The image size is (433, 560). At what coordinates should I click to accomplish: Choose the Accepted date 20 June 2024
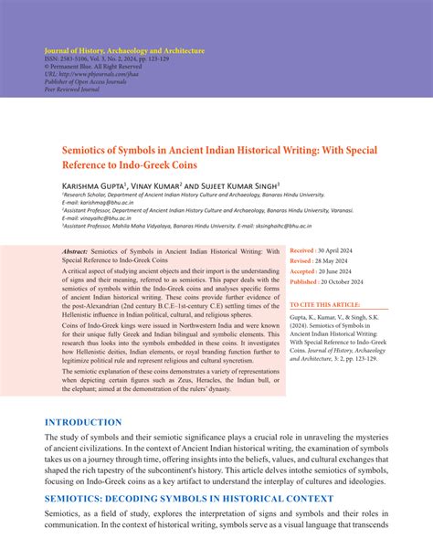[x=340, y=270]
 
